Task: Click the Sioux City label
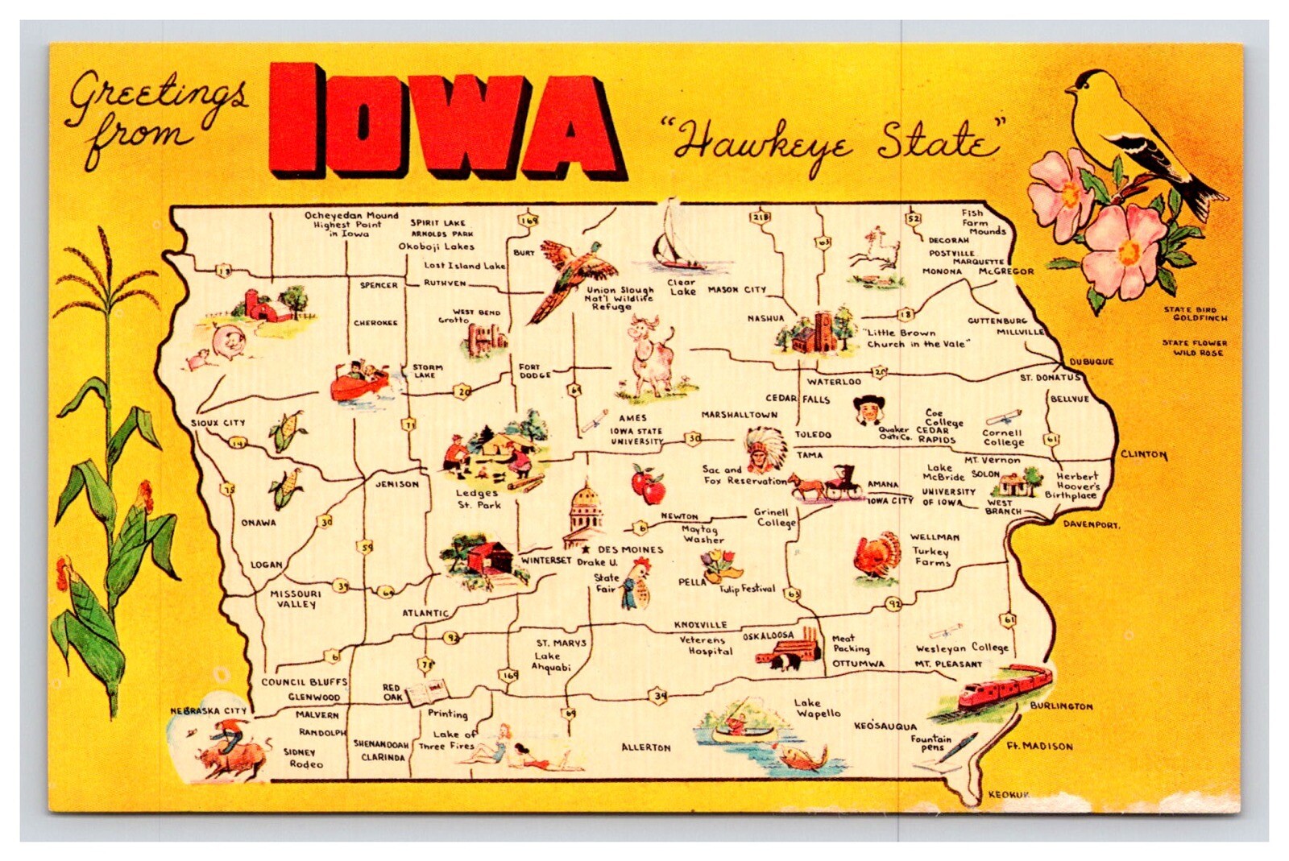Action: [x=218, y=423]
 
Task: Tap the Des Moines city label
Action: [x=630, y=549]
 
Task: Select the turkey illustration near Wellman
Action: [x=877, y=556]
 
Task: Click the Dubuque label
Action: [x=1091, y=362]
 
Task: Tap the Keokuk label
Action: [x=1009, y=795]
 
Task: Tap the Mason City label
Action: [x=737, y=290]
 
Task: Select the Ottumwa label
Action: [x=858, y=664]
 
